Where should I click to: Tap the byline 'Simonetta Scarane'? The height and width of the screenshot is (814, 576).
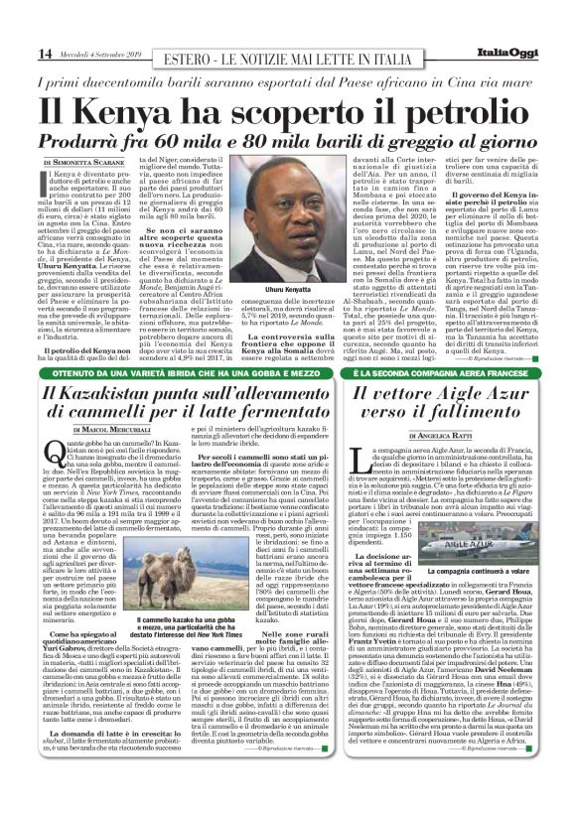click(87, 160)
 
